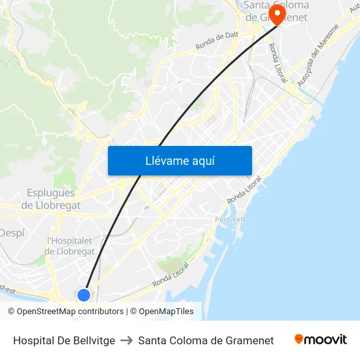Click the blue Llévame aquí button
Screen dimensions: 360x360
coord(179,160)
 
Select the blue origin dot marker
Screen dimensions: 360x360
coord(84,295)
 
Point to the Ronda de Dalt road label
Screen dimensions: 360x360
coord(217,41)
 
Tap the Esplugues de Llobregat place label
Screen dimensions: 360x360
coord(50,199)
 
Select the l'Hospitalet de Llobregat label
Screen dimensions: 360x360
coord(71,246)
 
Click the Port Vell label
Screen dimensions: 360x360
coord(230,219)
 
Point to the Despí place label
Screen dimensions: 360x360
coord(11,232)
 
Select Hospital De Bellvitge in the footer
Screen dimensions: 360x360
coord(64,340)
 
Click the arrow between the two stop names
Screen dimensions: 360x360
coord(126,340)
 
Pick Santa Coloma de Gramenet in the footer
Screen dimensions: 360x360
coord(206,340)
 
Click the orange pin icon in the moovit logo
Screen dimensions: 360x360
coord(299,339)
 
